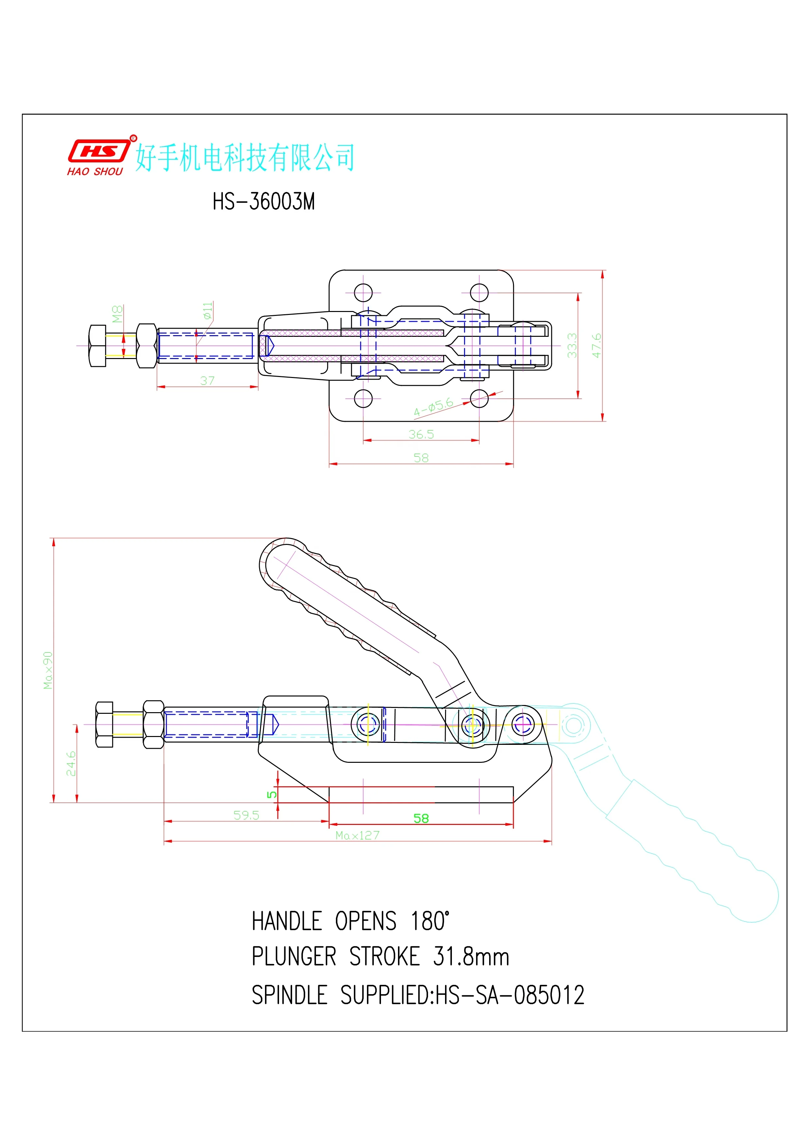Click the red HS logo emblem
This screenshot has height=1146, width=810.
tap(99, 150)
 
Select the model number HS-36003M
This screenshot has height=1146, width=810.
tap(263, 202)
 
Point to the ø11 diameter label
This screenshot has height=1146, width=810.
tap(207, 310)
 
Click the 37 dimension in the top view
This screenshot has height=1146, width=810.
tap(207, 380)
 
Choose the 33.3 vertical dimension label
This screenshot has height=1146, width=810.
tap(572, 345)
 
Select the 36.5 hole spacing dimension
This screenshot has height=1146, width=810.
tap(421, 434)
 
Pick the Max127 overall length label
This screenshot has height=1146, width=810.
tap(357, 835)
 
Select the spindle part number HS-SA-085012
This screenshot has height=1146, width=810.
tap(509, 995)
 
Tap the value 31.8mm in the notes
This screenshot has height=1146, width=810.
tap(471, 957)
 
